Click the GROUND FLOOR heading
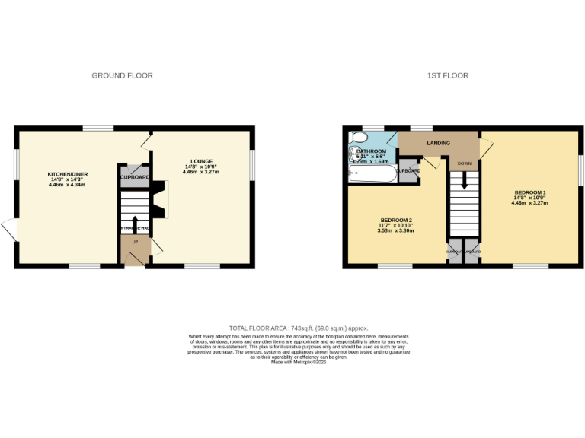coord(122,75)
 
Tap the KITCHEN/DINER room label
coord(67,174)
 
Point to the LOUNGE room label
coord(201,161)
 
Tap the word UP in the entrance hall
coord(135,242)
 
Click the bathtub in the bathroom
coord(372,174)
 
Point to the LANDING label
coord(438,143)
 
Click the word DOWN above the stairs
coord(464,163)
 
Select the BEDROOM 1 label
coord(530,192)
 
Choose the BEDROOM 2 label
coord(395,219)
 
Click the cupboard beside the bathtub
coord(409,171)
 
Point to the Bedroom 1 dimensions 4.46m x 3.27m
coord(530,204)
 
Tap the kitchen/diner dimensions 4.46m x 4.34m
coord(67,185)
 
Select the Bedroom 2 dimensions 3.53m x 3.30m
coord(395,230)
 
